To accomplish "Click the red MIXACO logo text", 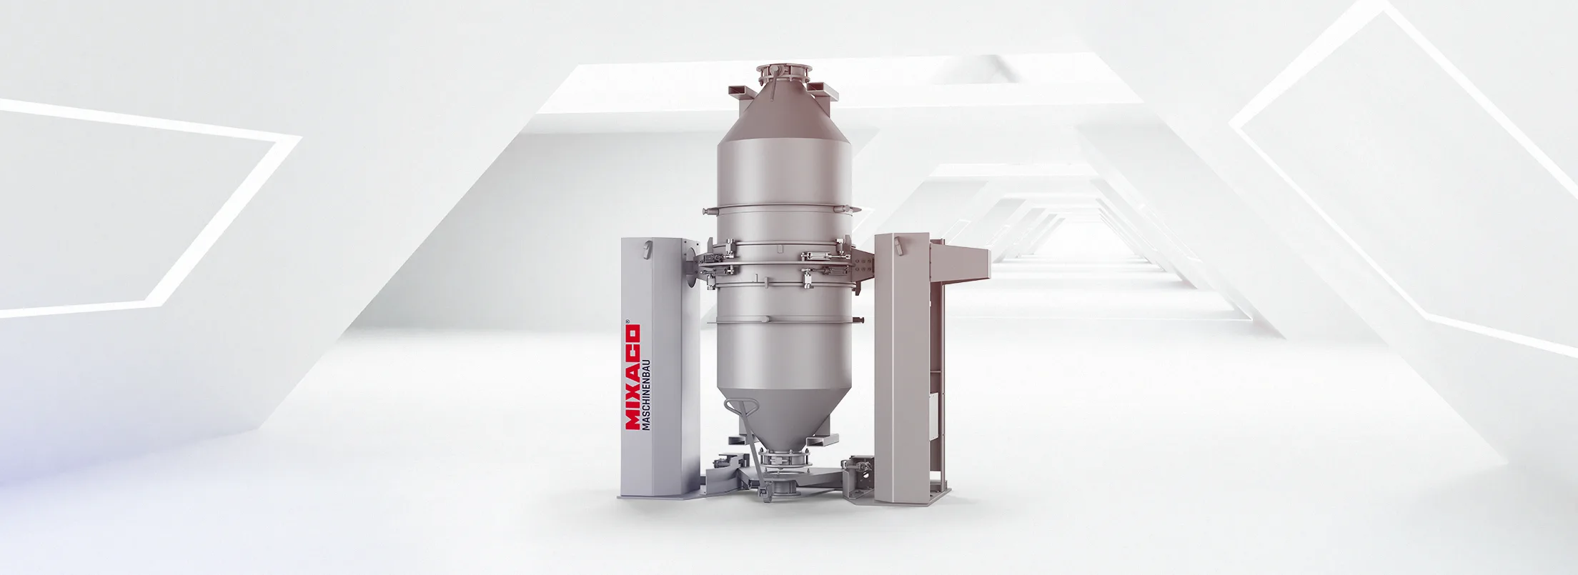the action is click(632, 379).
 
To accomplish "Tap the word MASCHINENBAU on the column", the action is click(647, 394).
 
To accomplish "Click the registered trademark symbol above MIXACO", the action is click(627, 323).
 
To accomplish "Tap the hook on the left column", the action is click(648, 249).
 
